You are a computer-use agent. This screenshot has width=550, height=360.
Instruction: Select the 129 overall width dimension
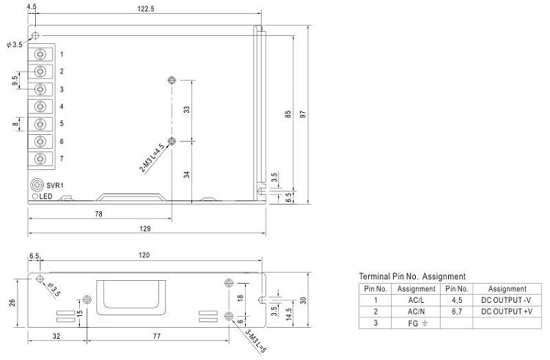[145, 229]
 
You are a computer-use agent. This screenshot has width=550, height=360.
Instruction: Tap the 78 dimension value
[98, 213]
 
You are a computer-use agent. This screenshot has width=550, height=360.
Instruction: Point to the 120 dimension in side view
[144, 255]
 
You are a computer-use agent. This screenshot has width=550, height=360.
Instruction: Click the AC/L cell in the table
[416, 299]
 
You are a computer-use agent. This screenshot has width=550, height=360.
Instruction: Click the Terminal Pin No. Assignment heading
[411, 276]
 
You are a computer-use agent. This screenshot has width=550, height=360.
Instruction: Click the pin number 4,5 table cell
[458, 299]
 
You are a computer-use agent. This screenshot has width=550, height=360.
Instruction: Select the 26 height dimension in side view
[12, 303]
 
